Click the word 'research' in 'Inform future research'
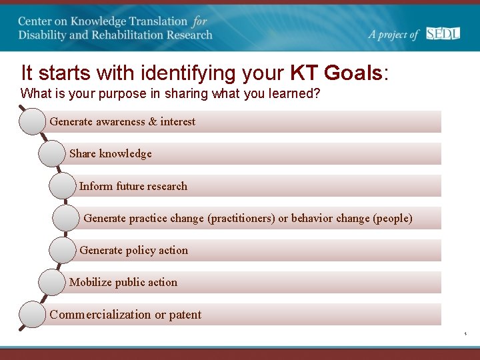167,187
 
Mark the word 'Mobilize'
90,283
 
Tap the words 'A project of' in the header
393,35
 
